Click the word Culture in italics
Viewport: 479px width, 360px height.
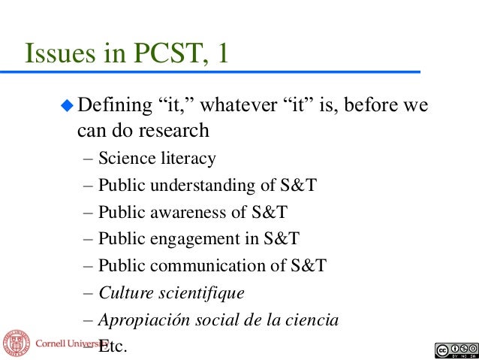pyautogui.click(x=124, y=292)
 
